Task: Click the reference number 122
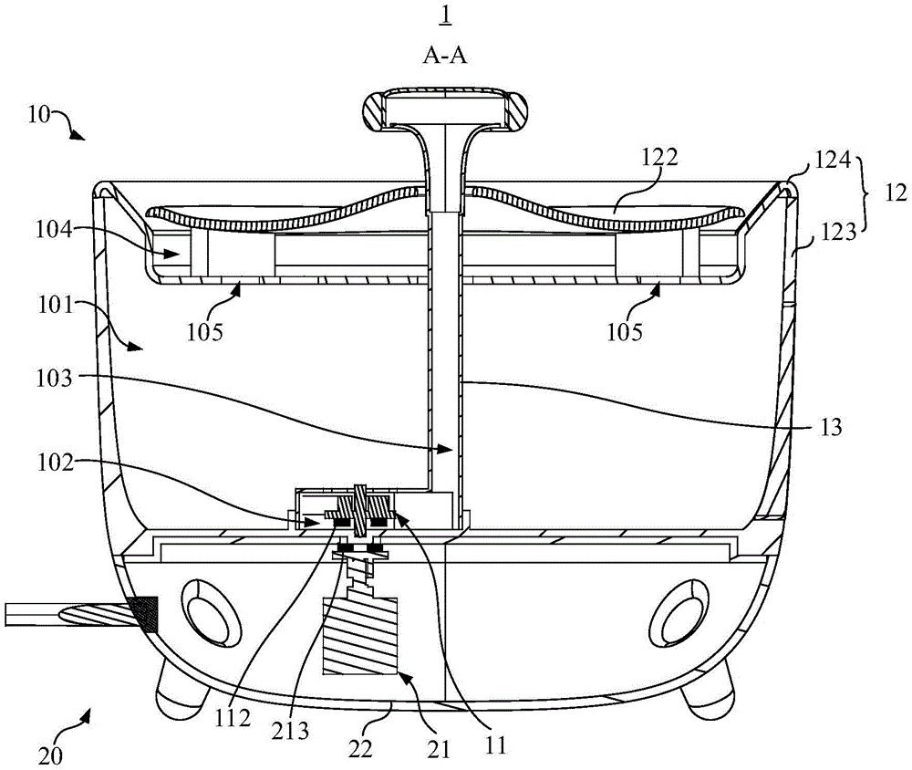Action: click(x=660, y=157)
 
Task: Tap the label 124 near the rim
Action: click(x=833, y=160)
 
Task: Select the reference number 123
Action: click(x=839, y=233)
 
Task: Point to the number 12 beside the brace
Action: click(x=896, y=192)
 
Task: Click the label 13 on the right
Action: click(x=831, y=427)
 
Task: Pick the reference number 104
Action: click(x=55, y=229)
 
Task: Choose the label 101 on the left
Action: click(x=56, y=304)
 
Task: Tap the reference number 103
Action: click(x=55, y=379)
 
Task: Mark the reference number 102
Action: click(x=56, y=463)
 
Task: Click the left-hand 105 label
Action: click(x=204, y=332)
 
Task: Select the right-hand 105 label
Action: click(x=625, y=332)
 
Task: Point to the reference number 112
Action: click(x=232, y=719)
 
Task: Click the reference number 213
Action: click(x=290, y=731)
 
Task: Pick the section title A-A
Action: click(x=446, y=56)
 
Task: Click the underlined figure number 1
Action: click(x=446, y=15)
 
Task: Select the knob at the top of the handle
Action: click(x=445, y=108)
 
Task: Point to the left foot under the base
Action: click(x=181, y=687)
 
